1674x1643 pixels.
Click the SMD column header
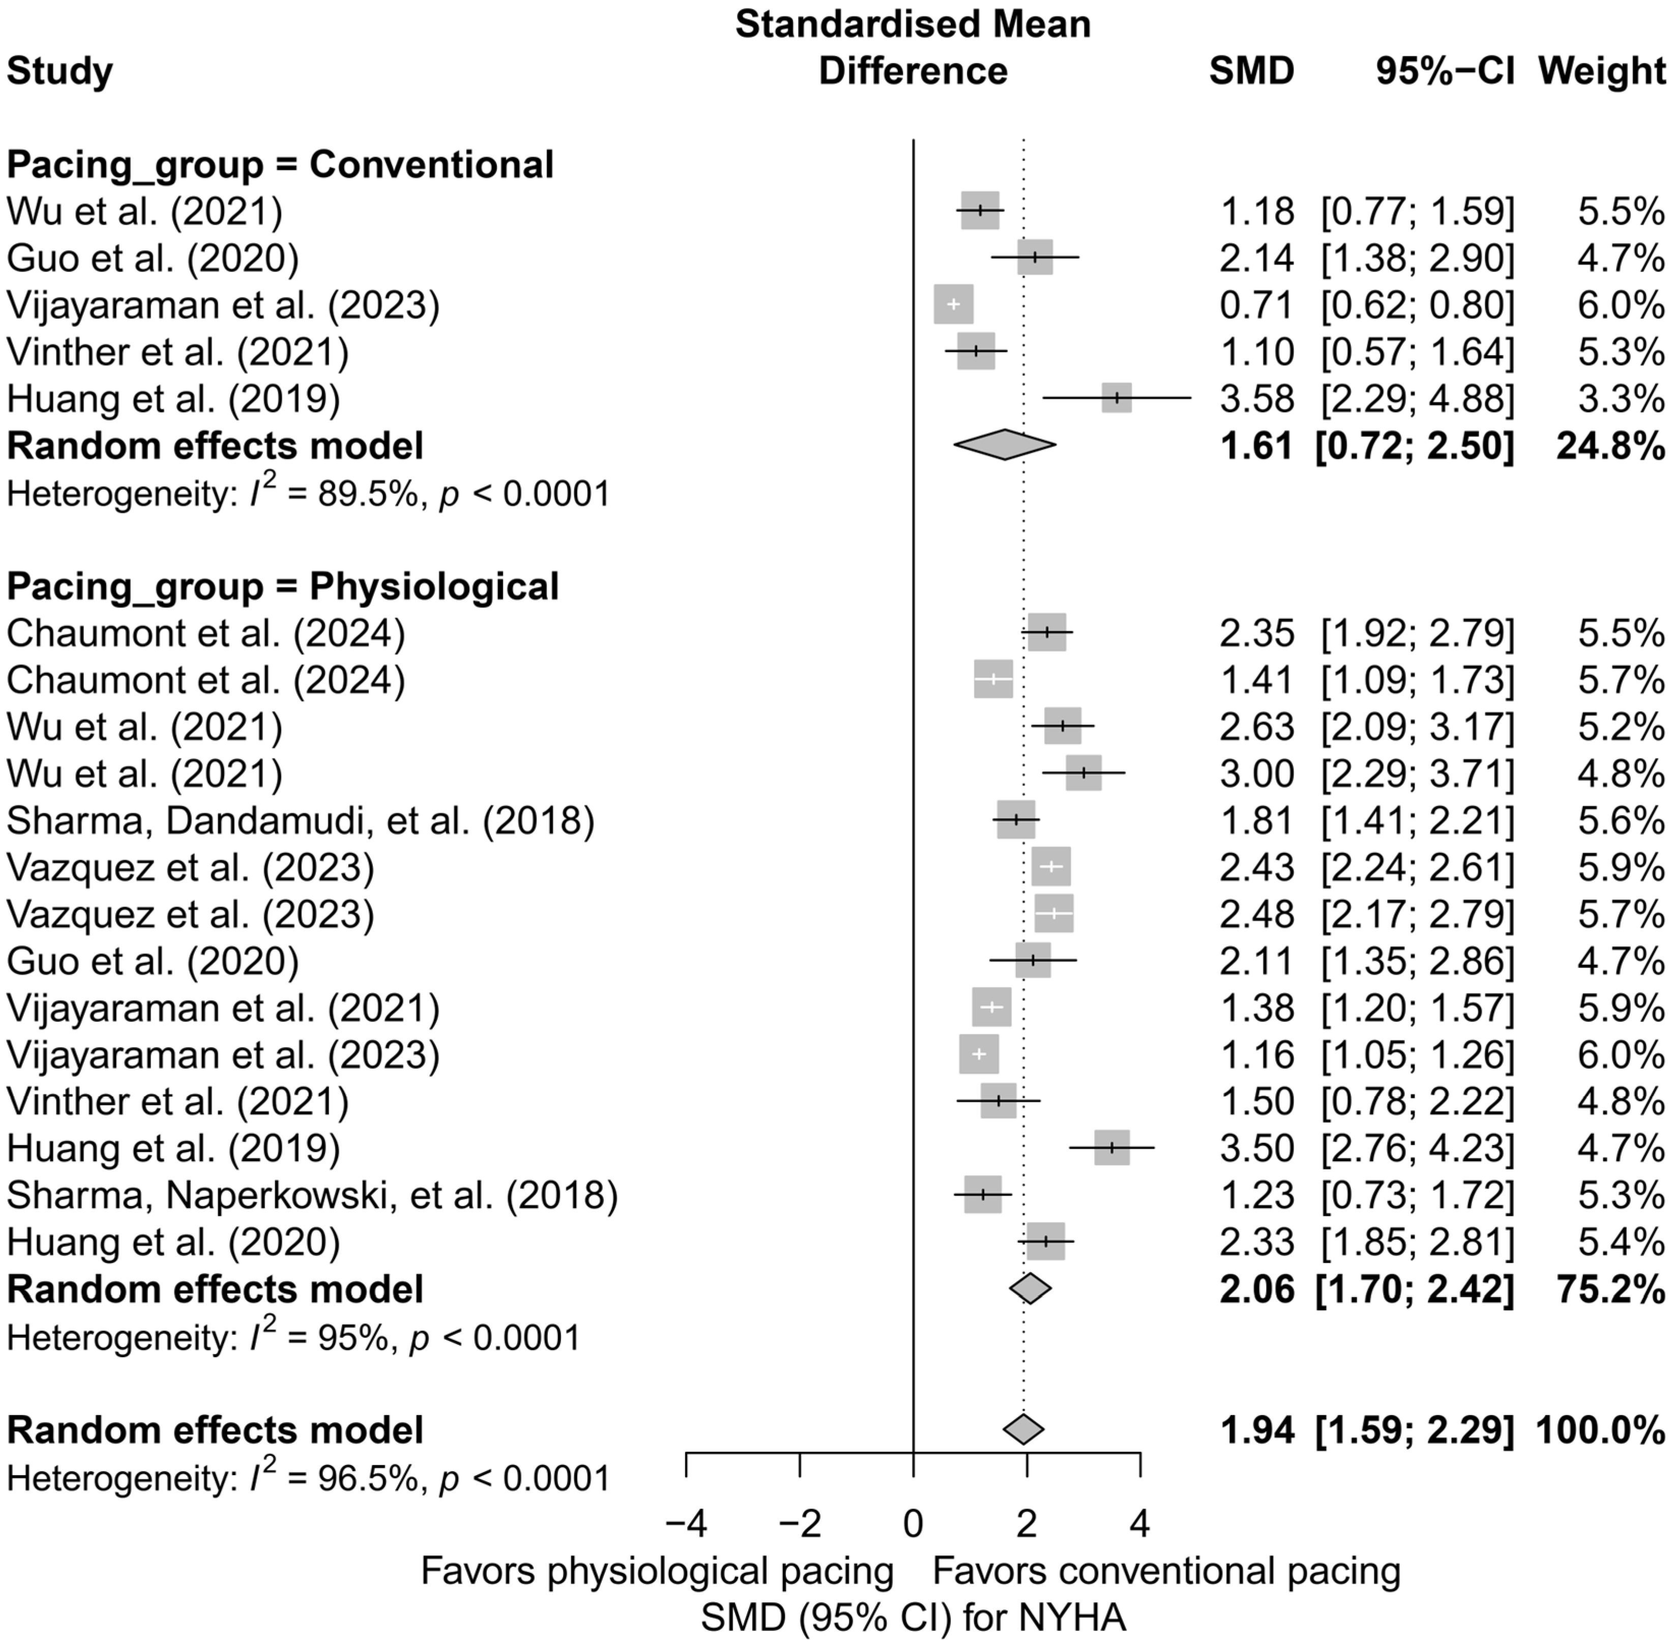[x=1251, y=71]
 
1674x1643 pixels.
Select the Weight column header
[x=1602, y=71]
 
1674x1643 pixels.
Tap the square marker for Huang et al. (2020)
[x=1046, y=1242]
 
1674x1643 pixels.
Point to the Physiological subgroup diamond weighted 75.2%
[x=1030, y=1289]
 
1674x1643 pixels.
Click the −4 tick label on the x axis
[x=686, y=1525]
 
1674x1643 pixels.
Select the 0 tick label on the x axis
[x=913, y=1525]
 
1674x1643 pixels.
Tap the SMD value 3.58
[x=1256, y=399]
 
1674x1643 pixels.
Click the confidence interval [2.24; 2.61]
[x=1417, y=867]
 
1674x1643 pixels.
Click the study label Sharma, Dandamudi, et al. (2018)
[x=300, y=820]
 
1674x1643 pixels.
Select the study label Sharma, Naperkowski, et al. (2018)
[x=312, y=1195]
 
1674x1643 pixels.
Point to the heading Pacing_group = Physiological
[x=283, y=587]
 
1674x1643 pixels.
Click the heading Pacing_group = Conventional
[x=280, y=164]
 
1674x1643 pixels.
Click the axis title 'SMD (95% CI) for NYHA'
[x=913, y=1618]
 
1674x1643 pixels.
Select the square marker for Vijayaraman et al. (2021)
[x=991, y=1007]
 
